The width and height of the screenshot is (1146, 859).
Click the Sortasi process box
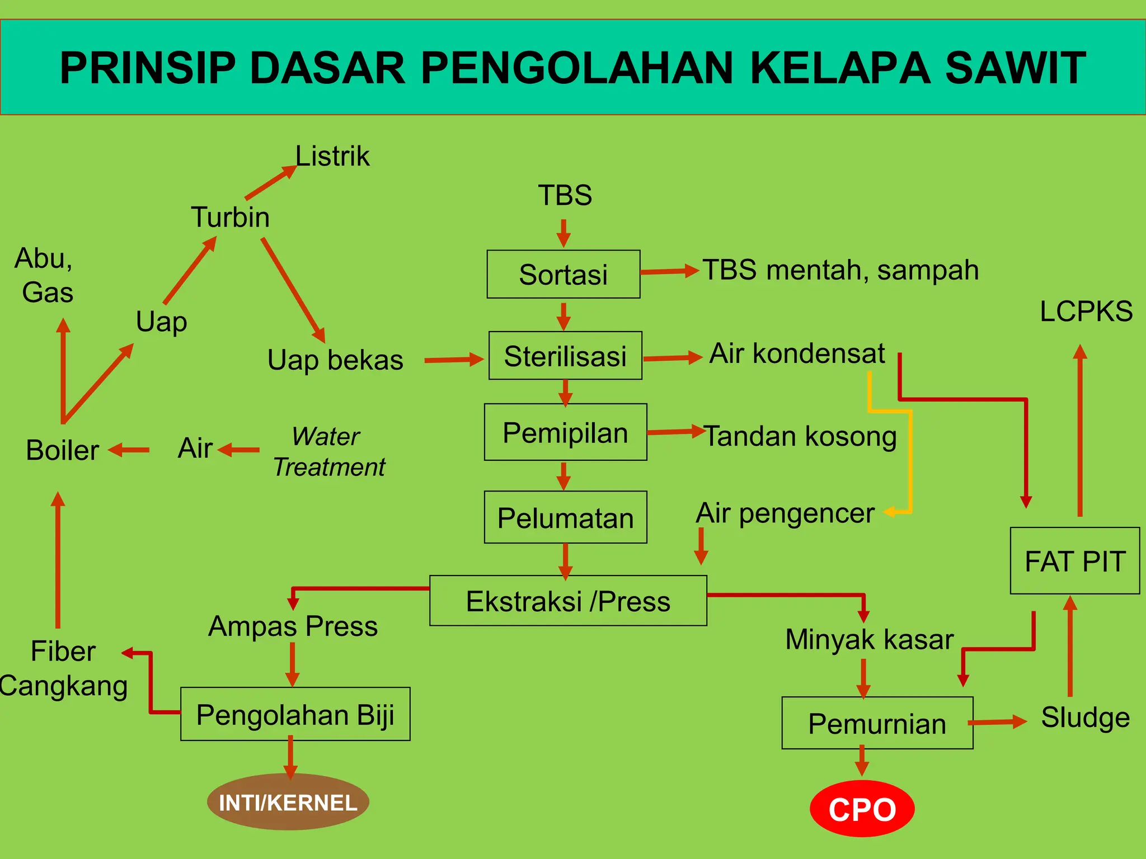(563, 274)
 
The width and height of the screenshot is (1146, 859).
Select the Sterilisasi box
(565, 356)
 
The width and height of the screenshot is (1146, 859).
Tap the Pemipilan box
(565, 432)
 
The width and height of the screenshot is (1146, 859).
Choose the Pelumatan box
(565, 517)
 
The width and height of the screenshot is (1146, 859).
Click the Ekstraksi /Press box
(568, 601)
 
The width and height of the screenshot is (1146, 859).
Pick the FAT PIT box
(1074, 560)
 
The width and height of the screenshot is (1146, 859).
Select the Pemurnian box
(877, 723)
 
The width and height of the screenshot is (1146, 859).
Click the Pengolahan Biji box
(295, 714)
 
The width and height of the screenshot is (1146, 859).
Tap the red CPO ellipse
(862, 809)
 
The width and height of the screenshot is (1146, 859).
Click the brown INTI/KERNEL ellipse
(288, 802)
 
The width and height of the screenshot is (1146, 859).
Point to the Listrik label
(332, 156)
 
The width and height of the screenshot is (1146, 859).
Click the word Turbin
(230, 217)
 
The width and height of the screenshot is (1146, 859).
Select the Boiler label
(62, 450)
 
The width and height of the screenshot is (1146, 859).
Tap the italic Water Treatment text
(328, 451)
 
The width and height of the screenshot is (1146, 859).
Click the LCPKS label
(1086, 311)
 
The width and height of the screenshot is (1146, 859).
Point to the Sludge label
(1085, 718)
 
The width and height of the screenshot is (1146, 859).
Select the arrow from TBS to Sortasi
(563, 233)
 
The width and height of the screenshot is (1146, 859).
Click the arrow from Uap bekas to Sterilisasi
(453, 360)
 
